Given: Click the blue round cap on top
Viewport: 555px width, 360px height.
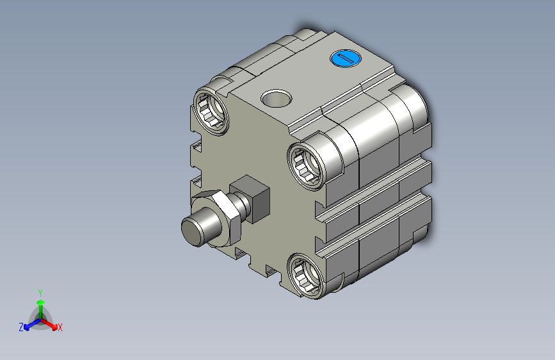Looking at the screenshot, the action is click(345, 58).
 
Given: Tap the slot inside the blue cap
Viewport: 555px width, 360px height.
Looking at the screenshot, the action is click(345, 58).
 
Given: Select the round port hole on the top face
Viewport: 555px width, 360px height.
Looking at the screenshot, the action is click(276, 98).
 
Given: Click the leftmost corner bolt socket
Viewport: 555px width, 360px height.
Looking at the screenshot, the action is click(211, 111).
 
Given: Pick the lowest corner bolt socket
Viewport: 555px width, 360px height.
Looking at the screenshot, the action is click(305, 275).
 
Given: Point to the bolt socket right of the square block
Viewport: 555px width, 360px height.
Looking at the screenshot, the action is click(305, 165).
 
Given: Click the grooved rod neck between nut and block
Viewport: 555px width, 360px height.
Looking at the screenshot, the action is click(242, 206).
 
